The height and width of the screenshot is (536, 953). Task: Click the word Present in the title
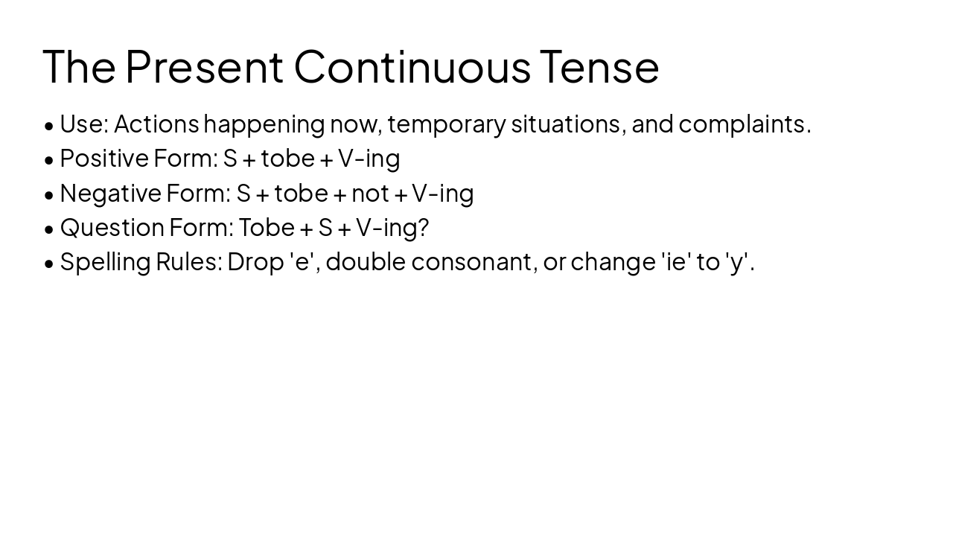(204, 66)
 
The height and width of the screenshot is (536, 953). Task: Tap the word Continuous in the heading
(412, 66)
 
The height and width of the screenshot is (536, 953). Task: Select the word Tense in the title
(599, 66)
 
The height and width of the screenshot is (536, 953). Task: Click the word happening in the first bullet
(264, 124)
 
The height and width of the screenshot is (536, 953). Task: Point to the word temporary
(447, 124)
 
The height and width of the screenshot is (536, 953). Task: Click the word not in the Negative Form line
(370, 193)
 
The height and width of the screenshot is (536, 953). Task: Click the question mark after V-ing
(424, 227)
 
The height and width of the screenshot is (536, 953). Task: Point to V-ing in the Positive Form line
(369, 158)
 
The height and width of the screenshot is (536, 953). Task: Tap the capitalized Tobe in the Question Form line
(267, 227)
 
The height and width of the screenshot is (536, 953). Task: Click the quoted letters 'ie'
(675, 262)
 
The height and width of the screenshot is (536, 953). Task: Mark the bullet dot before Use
(49, 125)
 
